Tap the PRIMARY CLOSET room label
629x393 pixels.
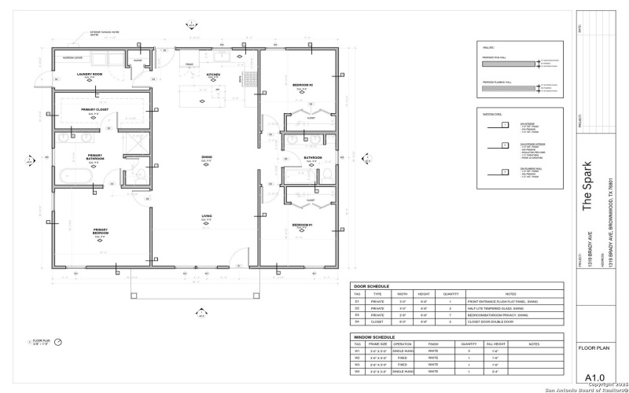tap(94, 109)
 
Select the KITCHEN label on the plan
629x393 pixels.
tap(213, 74)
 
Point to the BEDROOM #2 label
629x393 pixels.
tap(303, 85)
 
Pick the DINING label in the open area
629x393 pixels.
tap(206, 157)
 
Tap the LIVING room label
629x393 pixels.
tap(206, 217)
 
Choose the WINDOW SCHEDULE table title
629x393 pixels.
tap(373, 336)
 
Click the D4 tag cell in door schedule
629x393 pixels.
tap(358, 321)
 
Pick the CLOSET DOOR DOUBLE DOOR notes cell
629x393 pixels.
tap(491, 321)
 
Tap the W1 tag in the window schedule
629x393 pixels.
tap(358, 351)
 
